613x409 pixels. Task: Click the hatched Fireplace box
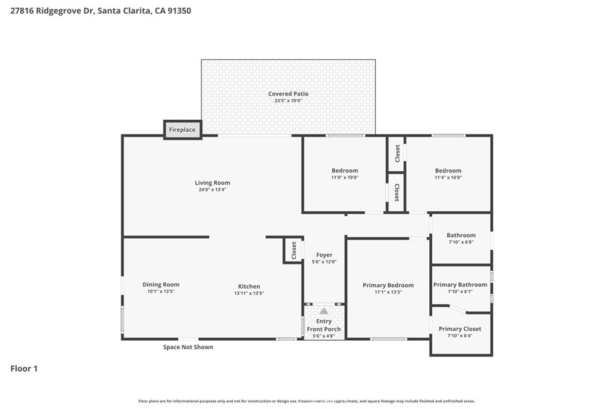tap(183, 129)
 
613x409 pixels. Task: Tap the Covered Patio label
tap(288, 94)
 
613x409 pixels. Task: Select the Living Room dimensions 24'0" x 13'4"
tap(212, 190)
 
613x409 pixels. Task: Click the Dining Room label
tap(160, 285)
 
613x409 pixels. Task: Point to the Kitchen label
tap(248, 286)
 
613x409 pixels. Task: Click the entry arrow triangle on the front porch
tap(324, 311)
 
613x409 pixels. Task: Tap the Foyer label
tap(324, 255)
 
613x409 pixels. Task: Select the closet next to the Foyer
tap(293, 250)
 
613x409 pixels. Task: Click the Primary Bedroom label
tap(388, 286)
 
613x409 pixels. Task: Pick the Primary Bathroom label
tap(460, 285)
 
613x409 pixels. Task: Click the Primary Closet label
tap(460, 329)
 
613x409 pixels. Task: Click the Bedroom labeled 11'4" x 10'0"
tap(448, 171)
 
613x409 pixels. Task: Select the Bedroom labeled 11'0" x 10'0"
tap(344, 171)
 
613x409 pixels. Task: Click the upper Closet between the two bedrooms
tap(396, 153)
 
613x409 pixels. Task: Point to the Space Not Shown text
tap(188, 347)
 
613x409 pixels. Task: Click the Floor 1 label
tap(24, 369)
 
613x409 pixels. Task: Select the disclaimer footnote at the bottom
tap(306, 401)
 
